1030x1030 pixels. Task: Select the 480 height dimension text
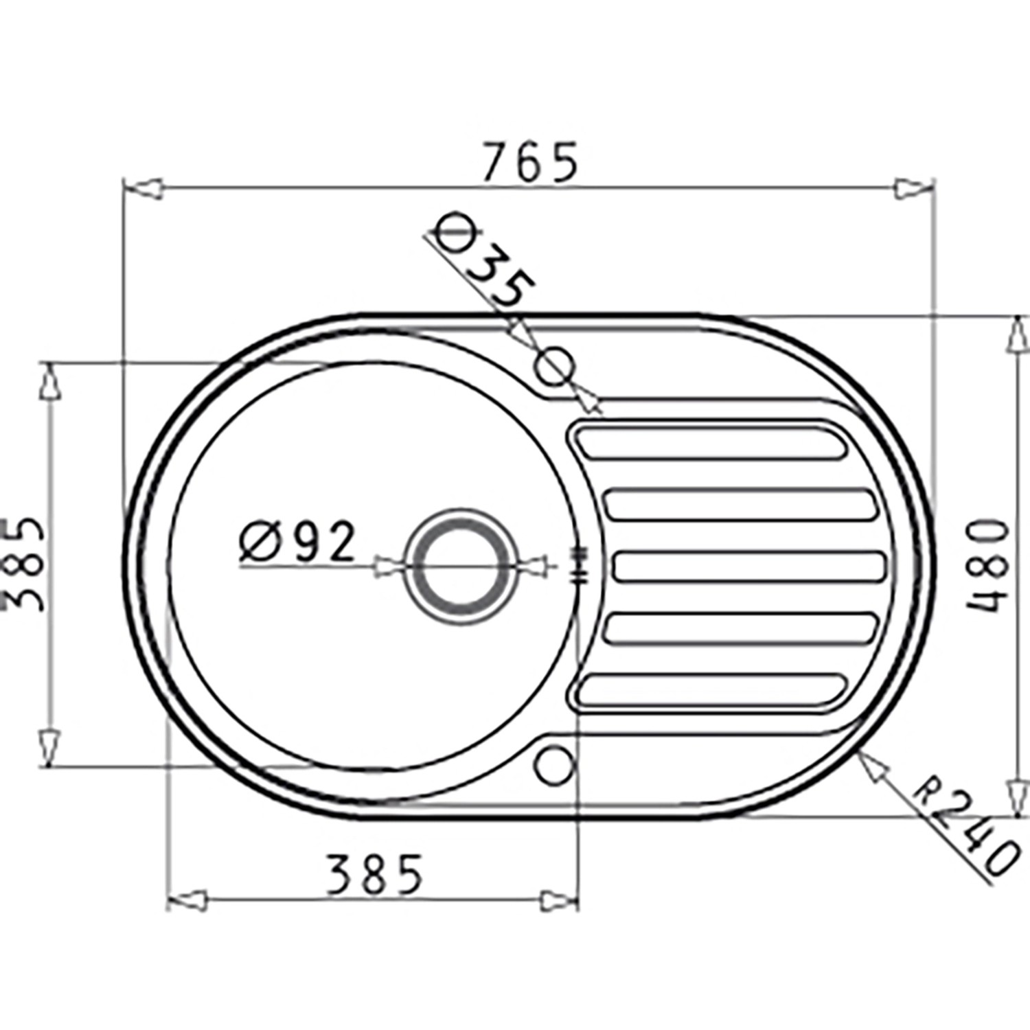(x=988, y=566)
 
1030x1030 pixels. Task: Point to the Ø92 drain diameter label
(x=298, y=542)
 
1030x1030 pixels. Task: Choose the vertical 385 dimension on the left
(x=25, y=564)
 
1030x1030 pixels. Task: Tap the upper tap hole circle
(x=555, y=365)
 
